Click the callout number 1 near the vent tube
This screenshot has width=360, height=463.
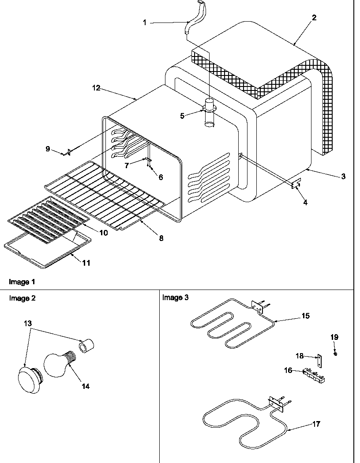(144, 22)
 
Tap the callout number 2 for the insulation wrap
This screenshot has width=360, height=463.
(314, 18)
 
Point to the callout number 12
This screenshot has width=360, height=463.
(96, 88)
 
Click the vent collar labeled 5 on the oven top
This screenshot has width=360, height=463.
(210, 108)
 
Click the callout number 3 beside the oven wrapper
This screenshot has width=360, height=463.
(343, 176)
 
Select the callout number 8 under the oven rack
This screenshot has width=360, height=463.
(161, 238)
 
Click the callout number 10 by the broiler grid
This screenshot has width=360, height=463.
(103, 233)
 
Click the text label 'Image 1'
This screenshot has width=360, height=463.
(22, 282)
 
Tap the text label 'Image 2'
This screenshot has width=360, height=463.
(22, 298)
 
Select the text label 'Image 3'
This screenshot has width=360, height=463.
(175, 297)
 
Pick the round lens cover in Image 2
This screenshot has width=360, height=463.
(29, 378)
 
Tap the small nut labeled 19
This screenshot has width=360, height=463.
(336, 354)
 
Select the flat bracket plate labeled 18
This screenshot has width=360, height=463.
(319, 360)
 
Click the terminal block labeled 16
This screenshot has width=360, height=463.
(314, 376)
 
